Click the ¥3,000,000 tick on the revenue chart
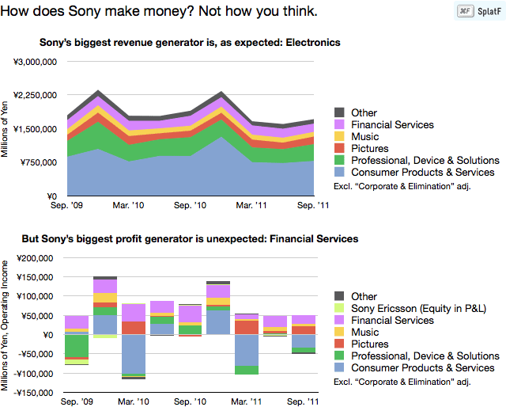(33, 61)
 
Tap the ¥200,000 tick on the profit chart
(35, 258)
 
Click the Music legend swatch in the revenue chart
(340, 137)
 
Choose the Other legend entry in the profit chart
(364, 296)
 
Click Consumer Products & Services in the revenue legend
(423, 172)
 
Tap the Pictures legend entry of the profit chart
(369, 344)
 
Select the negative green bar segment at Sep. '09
(77, 346)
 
